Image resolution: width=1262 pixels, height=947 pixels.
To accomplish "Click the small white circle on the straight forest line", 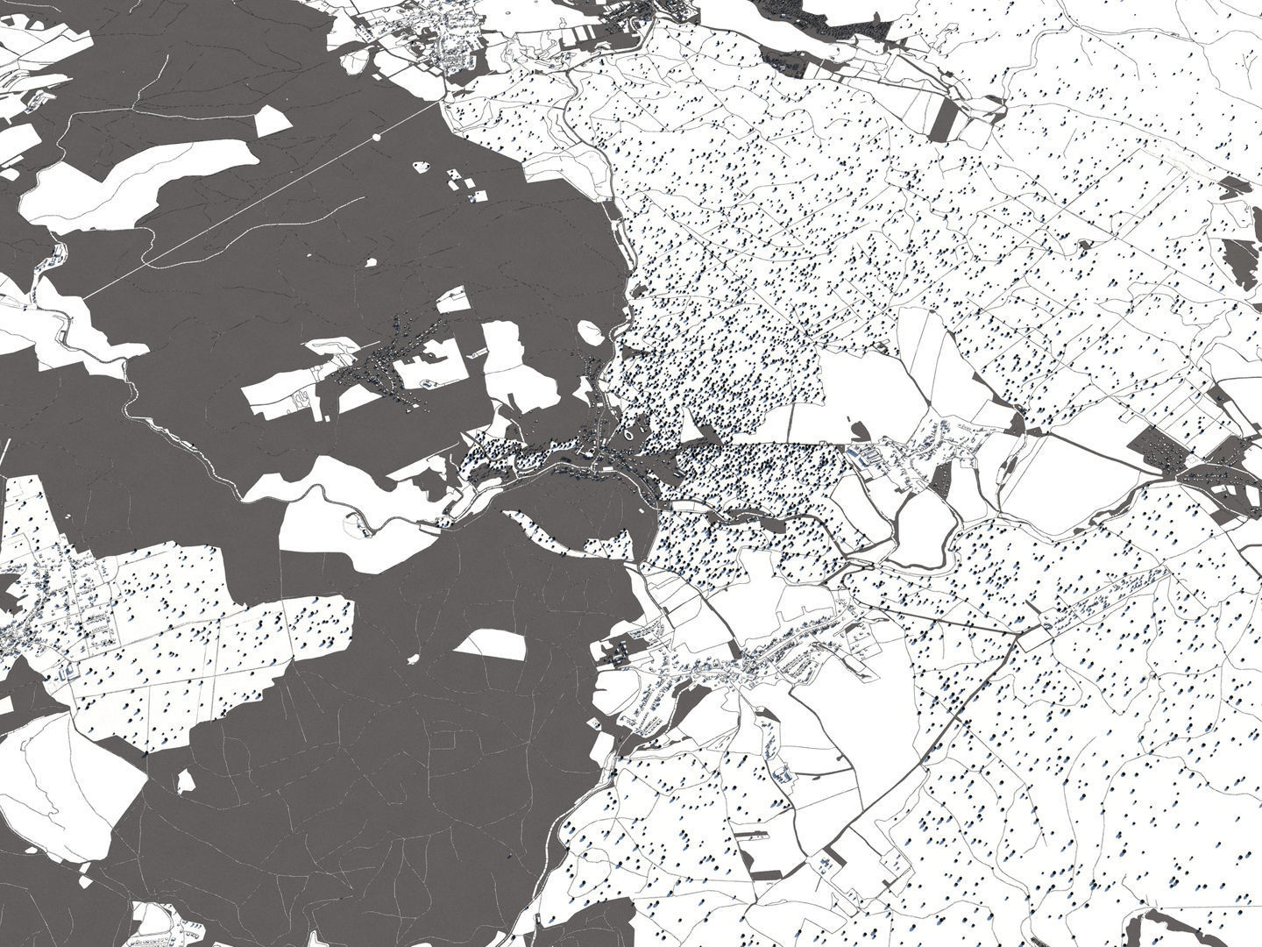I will [377, 137].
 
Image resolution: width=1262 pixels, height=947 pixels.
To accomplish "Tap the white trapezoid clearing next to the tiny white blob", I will [491, 646].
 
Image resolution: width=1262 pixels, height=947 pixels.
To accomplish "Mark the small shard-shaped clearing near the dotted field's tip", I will [186, 780].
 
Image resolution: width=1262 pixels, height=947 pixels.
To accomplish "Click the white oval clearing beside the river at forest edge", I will [591, 332].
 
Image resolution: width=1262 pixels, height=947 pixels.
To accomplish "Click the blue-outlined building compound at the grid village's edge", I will [67, 673].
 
